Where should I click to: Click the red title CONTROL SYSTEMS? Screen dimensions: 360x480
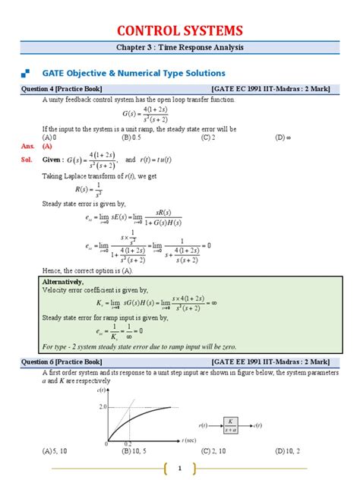point(179,30)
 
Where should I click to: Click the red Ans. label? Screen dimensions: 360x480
point(28,146)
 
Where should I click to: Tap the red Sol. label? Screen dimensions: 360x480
point(28,160)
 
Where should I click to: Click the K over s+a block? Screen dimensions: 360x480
point(232,425)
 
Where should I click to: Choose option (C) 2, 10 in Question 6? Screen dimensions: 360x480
point(215,450)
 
